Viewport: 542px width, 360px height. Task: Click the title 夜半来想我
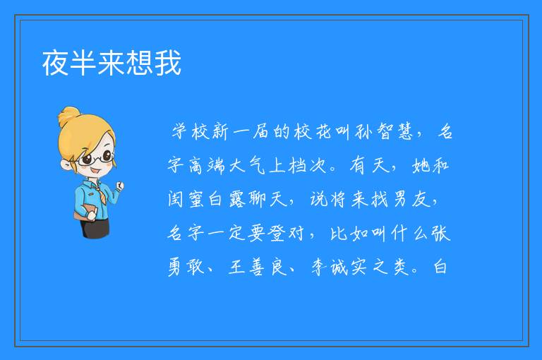tap(112, 63)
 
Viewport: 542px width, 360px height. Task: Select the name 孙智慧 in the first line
tap(385, 131)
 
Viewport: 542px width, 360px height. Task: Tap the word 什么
tap(409, 233)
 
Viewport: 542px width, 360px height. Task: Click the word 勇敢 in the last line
tap(186, 267)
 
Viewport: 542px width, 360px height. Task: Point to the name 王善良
tap(258, 267)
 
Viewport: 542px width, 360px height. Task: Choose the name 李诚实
tap(339, 267)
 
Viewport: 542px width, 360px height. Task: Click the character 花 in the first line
tap(323, 131)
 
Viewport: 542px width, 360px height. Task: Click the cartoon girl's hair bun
tap(69, 116)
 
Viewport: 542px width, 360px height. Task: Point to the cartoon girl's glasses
tap(97, 158)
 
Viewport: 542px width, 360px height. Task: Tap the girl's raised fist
tap(120, 186)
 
